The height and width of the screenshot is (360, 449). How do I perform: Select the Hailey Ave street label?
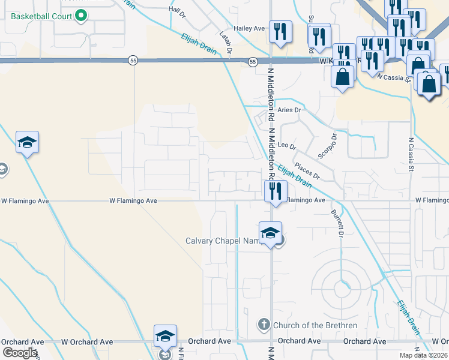click(x=250, y=28)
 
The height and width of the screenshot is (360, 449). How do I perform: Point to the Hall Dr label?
click(x=178, y=9)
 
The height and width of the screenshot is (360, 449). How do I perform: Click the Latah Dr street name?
click(x=226, y=43)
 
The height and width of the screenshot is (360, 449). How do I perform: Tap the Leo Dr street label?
click(x=287, y=146)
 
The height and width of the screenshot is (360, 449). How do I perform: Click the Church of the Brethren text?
click(x=315, y=326)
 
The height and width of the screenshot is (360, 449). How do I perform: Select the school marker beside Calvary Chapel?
click(x=270, y=232)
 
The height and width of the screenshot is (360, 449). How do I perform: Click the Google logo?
click(x=19, y=352)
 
